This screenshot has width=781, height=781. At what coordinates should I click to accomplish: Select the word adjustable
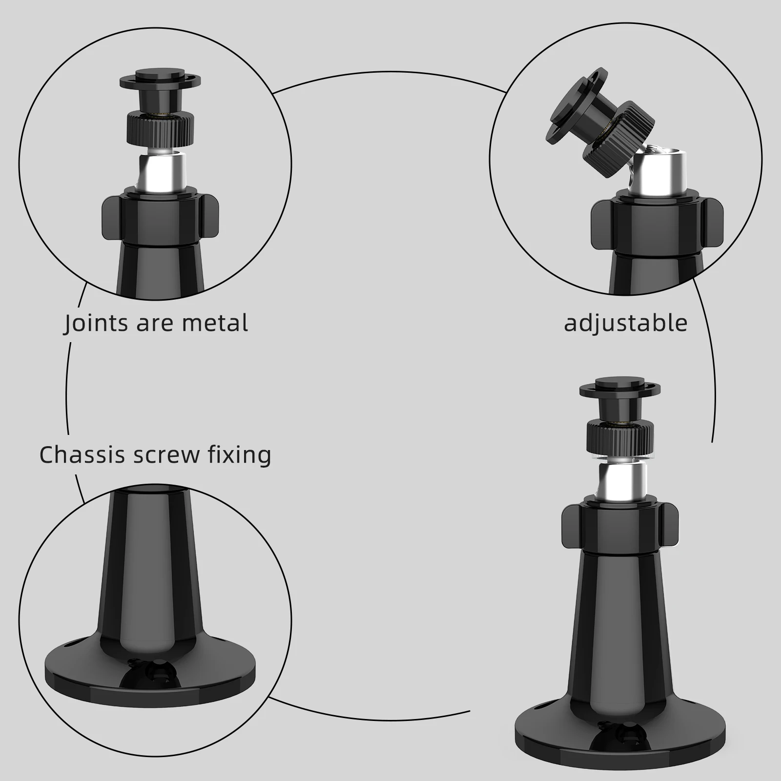click(625, 323)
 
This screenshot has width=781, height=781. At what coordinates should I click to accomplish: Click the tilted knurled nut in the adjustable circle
click(620, 129)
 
